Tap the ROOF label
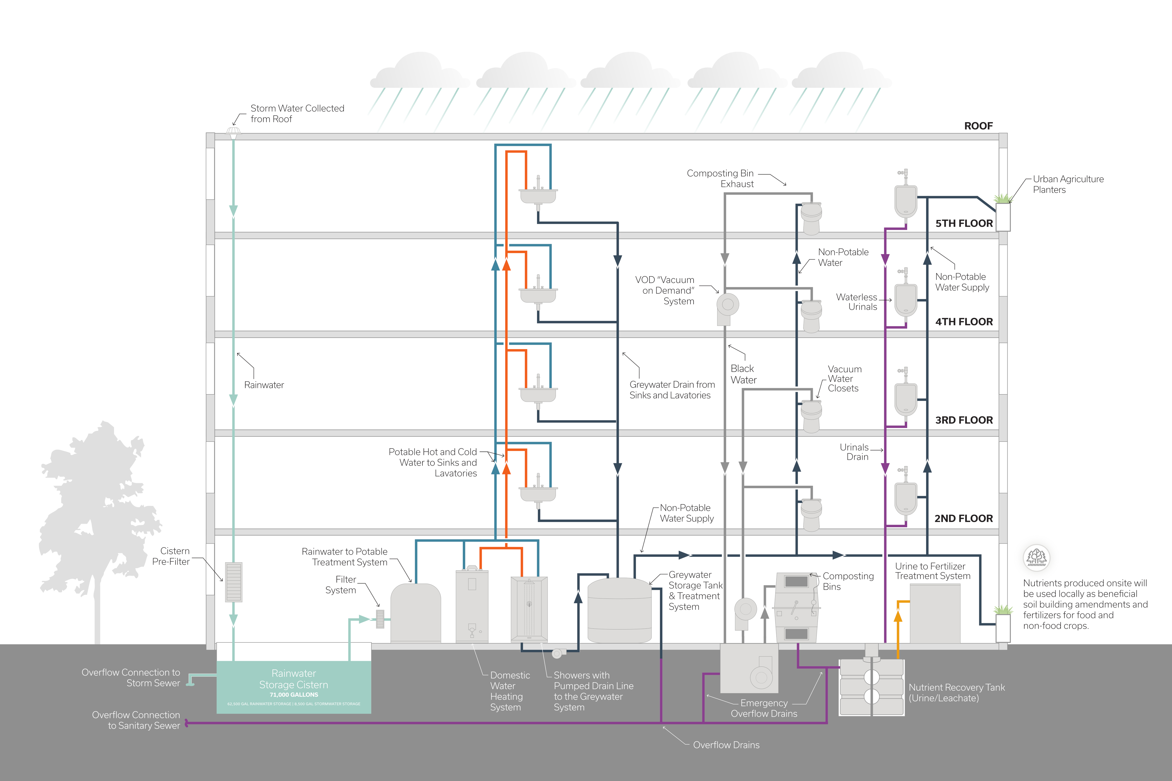click(978, 126)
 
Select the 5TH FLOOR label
click(964, 223)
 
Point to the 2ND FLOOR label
click(963, 519)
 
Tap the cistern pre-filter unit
click(234, 582)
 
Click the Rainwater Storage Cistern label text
click(294, 679)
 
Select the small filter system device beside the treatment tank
click(380, 619)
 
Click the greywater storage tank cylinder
click(619, 610)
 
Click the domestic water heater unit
click(472, 606)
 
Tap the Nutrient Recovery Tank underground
click(871, 687)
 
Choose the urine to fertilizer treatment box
click(935, 614)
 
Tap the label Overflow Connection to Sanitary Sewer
click(135, 720)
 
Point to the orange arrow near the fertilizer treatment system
click(898, 617)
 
